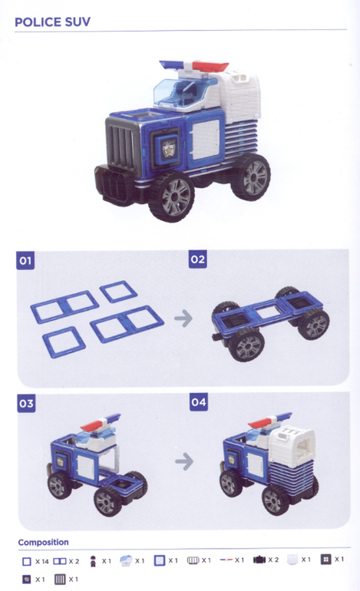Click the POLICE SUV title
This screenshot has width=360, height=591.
click(x=52, y=21)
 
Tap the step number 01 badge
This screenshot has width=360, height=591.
click(x=25, y=260)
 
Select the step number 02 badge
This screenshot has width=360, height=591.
click(x=198, y=259)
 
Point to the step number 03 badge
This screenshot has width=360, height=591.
click(x=26, y=403)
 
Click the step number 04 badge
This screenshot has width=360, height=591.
click(x=199, y=402)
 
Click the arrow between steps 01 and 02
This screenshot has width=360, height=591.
click(x=183, y=318)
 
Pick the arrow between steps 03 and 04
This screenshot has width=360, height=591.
click(x=184, y=461)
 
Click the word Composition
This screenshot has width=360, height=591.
click(x=43, y=543)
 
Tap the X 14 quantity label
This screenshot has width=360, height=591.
click(x=42, y=562)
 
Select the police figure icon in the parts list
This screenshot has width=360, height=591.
click(x=93, y=561)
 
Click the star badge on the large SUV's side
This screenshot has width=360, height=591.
click(x=169, y=150)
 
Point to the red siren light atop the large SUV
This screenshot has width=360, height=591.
click(x=210, y=66)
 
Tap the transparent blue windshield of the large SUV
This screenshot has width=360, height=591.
click(x=181, y=91)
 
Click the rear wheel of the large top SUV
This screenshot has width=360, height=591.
click(x=251, y=177)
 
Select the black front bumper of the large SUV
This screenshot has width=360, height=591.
click(x=114, y=186)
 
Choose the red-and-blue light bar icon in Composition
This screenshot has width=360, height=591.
click(x=226, y=560)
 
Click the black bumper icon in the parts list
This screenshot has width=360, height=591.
click(x=259, y=560)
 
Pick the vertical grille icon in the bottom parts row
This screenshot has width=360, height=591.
click(x=60, y=579)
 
